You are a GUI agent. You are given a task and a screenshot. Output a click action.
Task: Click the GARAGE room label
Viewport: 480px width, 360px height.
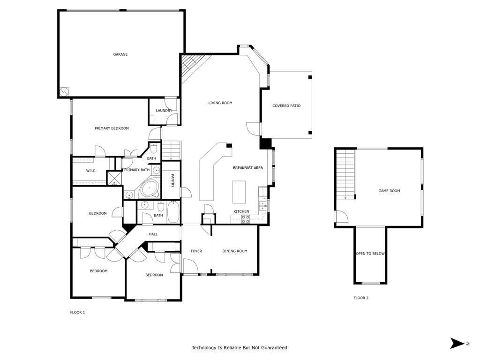(x=120, y=54)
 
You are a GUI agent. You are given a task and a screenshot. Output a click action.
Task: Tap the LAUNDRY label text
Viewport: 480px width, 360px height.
(x=164, y=111)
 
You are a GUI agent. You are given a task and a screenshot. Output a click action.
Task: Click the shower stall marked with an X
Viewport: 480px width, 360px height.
(x=114, y=178)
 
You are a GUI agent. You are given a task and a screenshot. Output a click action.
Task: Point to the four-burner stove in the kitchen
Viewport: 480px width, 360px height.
(x=245, y=219)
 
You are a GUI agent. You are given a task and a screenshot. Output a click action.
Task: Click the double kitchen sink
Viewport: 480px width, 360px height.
(x=262, y=204)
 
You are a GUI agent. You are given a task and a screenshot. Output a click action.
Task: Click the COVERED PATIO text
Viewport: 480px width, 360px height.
(x=286, y=106)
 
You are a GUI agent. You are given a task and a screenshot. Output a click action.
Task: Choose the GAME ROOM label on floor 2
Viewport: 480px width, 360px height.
(x=389, y=191)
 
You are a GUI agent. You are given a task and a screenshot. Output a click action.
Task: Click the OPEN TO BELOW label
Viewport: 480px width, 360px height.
(x=370, y=254)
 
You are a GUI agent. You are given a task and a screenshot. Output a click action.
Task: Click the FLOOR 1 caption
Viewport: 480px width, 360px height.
(x=77, y=312)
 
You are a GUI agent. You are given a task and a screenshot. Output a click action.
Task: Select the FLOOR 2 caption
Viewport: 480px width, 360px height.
(x=360, y=298)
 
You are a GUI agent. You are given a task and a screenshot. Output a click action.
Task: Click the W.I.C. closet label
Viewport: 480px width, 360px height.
(x=91, y=171)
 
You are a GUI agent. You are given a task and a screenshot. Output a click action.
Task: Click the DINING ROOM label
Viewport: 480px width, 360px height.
(x=235, y=251)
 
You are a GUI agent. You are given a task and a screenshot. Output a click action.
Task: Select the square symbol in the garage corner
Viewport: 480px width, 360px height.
(x=64, y=91)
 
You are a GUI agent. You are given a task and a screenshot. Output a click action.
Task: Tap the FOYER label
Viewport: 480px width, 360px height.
(x=196, y=251)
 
